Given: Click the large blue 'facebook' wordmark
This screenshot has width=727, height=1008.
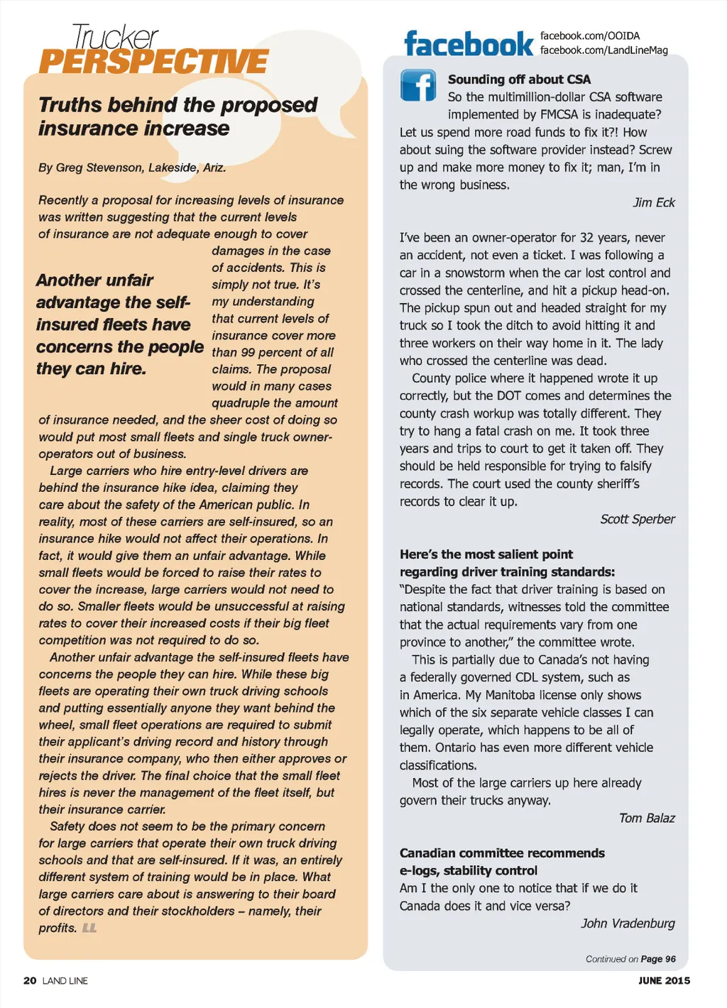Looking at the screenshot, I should pos(468,44).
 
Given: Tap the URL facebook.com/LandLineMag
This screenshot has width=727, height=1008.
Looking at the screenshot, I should pos(603,50).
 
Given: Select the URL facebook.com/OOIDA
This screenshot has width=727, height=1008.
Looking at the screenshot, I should pos(590,35).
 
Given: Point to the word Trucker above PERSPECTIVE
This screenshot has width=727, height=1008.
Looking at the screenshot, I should pos(115,37).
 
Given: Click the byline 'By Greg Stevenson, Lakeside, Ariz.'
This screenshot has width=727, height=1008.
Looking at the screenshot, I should pos(132,168).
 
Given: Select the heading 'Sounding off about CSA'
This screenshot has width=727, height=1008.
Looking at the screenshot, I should pos(519,80).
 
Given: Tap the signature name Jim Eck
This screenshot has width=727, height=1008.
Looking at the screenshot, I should pos(654,202).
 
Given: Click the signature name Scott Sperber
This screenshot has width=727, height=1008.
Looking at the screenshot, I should pos(638,519).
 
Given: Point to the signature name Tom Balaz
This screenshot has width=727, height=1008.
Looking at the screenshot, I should pos(647,818).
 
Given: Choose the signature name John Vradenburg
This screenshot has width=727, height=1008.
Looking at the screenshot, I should pos(628,923).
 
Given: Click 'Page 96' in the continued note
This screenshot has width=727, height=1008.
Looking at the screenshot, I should pos(658,959).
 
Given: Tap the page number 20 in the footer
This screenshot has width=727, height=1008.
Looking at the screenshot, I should pos(30,980).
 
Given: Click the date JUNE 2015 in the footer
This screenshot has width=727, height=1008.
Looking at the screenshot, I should pos(664,980).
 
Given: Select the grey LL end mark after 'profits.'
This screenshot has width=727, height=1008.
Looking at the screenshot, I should pos(89,928).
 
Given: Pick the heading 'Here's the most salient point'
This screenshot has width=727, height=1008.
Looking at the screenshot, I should pos(486,554).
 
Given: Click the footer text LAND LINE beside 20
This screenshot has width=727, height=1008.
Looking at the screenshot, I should pos(65,980).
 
